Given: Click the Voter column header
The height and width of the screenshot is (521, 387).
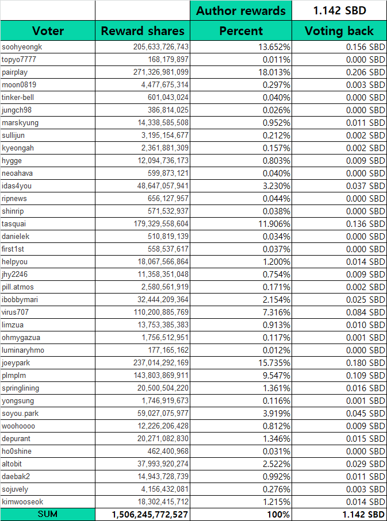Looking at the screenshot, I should [48, 31].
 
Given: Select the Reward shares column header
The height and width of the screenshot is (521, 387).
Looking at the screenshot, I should [143, 31].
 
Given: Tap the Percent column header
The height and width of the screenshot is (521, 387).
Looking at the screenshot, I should [241, 31].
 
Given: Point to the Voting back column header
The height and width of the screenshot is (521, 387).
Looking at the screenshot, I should [339, 31].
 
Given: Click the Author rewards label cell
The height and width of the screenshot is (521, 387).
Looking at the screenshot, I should [241, 10].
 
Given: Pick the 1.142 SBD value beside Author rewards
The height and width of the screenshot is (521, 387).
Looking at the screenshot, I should [339, 10].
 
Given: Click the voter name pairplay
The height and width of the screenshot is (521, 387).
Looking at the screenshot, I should [15, 72].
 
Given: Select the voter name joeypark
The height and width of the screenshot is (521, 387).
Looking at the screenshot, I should [16, 363].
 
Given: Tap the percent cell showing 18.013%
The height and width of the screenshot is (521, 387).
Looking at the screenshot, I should [273, 72].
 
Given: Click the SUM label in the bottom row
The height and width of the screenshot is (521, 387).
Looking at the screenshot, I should [48, 515].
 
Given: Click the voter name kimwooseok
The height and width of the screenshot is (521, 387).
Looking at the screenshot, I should [22, 502].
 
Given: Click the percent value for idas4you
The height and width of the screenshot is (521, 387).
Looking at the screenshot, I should [275, 186].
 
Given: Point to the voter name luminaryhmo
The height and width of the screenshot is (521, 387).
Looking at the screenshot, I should [23, 350].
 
